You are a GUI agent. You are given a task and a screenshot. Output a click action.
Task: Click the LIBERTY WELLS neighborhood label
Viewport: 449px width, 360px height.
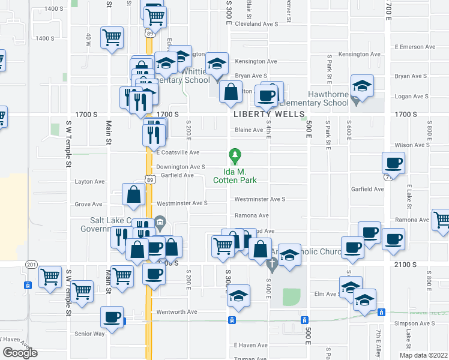tap(266, 114)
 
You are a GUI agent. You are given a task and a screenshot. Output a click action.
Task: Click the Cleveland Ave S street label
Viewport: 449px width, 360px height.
tap(256, 24)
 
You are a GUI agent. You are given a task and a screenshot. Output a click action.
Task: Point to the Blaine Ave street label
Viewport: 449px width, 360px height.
tap(249, 130)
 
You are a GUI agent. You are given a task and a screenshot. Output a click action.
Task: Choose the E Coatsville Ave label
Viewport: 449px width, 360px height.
tap(178, 153)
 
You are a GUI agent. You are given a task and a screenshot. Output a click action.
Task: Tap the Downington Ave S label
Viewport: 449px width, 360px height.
tap(181, 167)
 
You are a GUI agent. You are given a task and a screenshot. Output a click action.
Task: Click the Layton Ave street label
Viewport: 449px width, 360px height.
tap(89, 181)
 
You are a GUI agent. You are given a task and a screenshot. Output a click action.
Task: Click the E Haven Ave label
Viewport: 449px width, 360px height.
tap(250, 345)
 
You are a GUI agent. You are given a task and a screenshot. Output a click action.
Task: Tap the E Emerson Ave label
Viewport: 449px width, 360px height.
tap(415, 47)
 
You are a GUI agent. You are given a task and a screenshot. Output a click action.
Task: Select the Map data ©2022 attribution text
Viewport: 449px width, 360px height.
tap(423, 355)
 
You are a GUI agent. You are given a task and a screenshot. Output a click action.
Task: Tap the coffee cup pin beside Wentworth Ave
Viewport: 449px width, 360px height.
tap(112, 316)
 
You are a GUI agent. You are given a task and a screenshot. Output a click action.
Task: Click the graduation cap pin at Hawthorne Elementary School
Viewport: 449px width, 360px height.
tap(362, 86)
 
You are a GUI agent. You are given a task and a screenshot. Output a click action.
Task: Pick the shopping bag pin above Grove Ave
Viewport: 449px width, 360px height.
tap(133, 194)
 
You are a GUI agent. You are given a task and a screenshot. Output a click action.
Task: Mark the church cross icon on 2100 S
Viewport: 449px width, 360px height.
tap(271, 263)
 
